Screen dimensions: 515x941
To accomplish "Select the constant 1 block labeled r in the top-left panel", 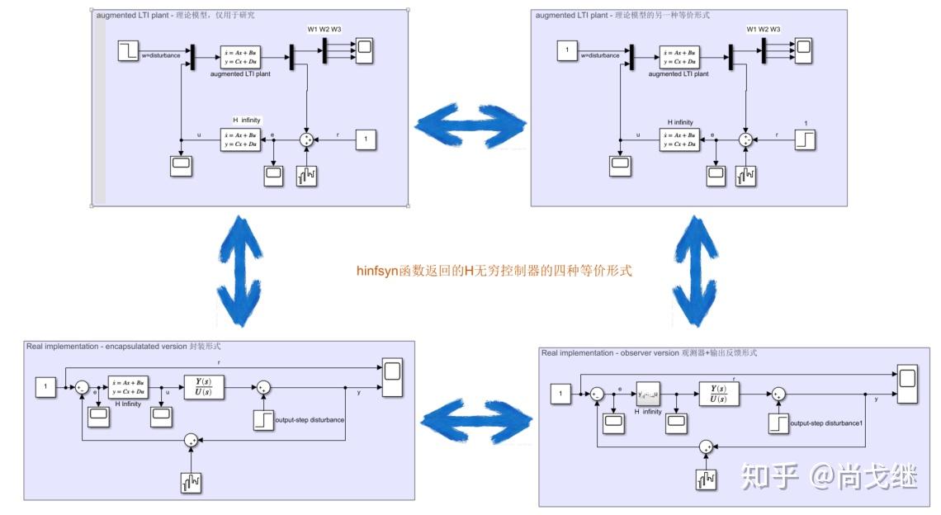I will [366, 140].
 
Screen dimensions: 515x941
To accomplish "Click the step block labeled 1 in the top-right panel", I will [805, 140].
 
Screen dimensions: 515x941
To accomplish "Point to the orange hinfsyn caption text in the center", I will [494, 270].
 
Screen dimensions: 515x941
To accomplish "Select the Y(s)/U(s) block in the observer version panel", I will [719, 394].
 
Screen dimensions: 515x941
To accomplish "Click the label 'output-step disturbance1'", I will [825, 424].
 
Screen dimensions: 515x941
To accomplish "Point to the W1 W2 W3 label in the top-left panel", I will [324, 30].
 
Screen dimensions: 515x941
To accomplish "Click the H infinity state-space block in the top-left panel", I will [241, 139].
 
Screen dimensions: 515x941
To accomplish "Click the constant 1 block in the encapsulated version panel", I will [46, 386].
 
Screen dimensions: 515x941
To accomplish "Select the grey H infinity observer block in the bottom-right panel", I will [648, 395].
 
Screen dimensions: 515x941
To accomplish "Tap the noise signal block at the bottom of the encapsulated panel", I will [192, 481].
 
